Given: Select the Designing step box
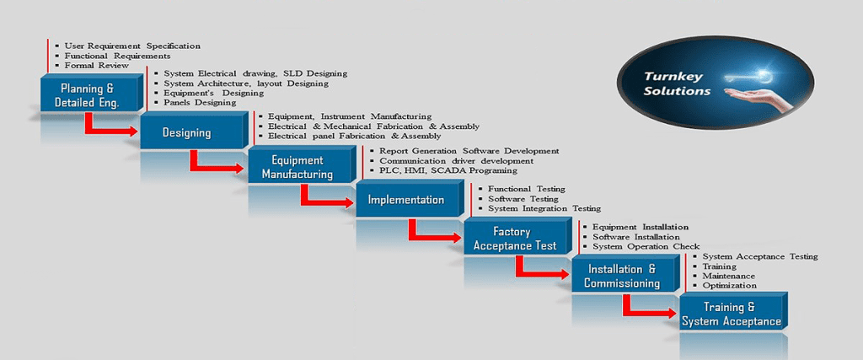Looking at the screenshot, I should click(187, 132).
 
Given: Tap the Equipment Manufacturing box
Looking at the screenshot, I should click(297, 167).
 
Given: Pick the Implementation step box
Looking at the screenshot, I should click(406, 200).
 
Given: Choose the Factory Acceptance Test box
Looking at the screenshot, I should click(515, 239).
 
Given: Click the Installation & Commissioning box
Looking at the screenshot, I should click(622, 276).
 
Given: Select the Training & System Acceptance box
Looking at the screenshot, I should click(731, 314).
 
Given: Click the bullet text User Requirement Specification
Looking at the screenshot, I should click(132, 46).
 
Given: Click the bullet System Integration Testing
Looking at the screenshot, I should click(544, 208).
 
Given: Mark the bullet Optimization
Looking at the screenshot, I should click(729, 285).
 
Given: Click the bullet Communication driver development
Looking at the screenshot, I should click(456, 161).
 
